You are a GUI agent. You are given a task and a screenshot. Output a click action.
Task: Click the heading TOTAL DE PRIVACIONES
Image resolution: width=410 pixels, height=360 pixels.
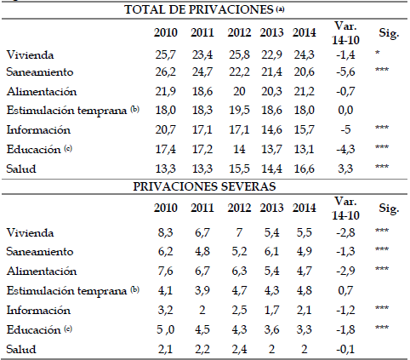click(198, 10)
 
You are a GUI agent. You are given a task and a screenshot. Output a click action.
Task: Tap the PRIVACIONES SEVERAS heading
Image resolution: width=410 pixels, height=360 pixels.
click(204, 186)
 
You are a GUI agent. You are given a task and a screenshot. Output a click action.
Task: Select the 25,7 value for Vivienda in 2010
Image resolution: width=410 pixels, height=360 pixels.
click(165, 54)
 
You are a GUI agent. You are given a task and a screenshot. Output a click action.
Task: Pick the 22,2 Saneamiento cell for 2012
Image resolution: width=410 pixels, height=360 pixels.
click(239, 71)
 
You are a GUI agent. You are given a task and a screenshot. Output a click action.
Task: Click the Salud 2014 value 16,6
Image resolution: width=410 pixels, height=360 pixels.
click(304, 169)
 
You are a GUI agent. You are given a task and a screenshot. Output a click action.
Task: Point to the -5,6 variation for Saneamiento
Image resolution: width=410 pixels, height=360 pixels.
click(345, 71)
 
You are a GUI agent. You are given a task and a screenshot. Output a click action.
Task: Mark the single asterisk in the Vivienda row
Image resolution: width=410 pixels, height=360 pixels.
click(378, 53)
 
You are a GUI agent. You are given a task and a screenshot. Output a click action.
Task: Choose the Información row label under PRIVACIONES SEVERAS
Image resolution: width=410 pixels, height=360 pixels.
click(38, 310)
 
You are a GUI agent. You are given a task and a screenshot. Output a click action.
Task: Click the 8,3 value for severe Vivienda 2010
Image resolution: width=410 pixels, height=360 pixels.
click(165, 232)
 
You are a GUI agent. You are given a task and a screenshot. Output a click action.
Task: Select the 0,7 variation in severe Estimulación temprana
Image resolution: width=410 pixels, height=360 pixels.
click(345, 290)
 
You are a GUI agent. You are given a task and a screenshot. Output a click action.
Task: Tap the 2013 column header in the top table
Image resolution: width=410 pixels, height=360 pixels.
click(271, 32)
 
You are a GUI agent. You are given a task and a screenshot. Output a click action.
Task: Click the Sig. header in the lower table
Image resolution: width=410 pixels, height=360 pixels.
click(389, 209)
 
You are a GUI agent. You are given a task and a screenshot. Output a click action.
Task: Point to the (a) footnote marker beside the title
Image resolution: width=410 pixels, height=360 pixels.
click(280, 9)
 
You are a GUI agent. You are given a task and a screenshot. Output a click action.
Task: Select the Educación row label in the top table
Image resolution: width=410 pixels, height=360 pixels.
click(33, 149)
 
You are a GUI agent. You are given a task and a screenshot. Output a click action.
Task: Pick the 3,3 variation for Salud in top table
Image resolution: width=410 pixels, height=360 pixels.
click(345, 169)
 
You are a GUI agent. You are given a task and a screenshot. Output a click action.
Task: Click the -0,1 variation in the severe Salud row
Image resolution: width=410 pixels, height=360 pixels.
click(345, 349)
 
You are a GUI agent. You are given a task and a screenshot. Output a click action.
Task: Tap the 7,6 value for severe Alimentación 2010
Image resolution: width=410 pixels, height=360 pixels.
click(165, 271)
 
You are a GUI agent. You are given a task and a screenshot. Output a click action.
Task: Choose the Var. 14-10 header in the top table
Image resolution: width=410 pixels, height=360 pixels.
click(345, 33)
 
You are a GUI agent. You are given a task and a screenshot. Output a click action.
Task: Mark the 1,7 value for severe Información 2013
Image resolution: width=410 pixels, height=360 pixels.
click(271, 310)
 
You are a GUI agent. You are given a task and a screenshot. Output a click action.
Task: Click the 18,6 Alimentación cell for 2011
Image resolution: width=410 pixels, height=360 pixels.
click(202, 91)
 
